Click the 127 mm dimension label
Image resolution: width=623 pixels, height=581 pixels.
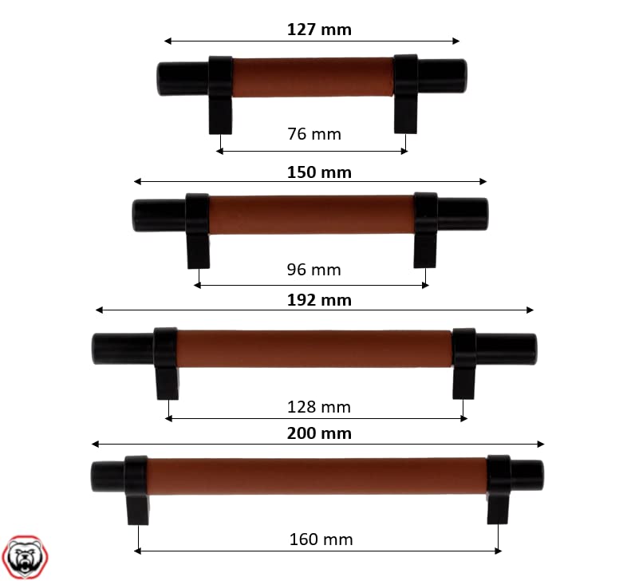click(x=319, y=30)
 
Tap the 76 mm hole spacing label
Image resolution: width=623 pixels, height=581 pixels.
click(x=313, y=134)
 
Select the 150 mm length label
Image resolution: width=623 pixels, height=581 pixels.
click(x=319, y=172)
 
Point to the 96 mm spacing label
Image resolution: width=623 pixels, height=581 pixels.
click(x=313, y=270)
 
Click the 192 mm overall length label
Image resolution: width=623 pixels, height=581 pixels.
click(x=319, y=300)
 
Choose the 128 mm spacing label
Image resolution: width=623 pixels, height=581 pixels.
click(x=318, y=407)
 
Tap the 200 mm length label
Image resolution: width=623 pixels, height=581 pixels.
click(x=319, y=433)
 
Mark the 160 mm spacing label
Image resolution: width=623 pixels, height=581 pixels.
click(x=321, y=539)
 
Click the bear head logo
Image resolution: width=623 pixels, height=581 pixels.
click(x=25, y=557)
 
